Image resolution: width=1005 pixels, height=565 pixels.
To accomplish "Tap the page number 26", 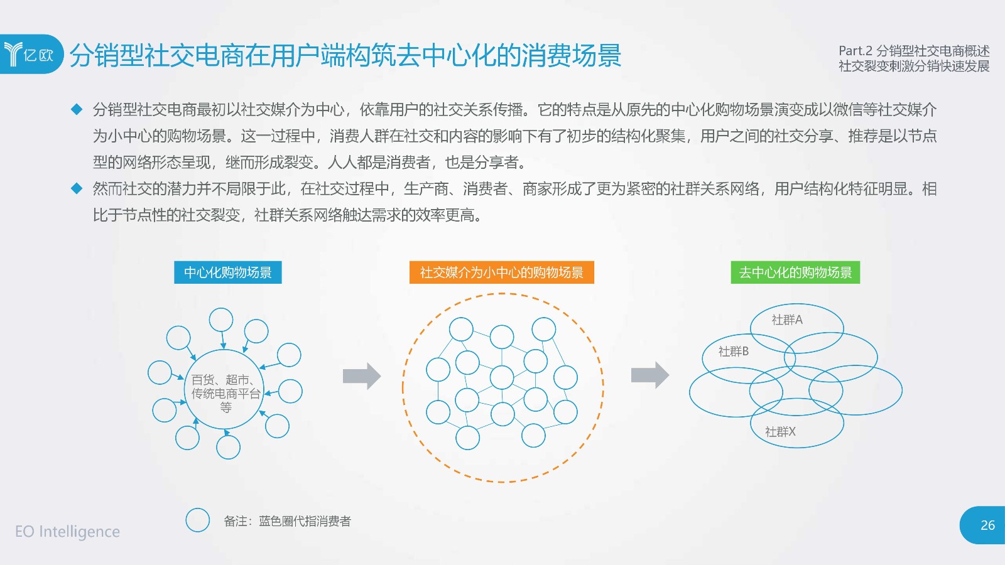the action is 987,525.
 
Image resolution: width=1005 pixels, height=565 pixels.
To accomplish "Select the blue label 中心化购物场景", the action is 228,272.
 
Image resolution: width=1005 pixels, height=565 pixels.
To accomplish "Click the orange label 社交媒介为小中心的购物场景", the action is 502,272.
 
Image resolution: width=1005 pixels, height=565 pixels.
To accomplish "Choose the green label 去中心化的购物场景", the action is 795,272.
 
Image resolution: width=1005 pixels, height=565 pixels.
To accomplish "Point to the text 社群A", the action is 787,320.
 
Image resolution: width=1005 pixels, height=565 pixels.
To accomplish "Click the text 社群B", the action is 734,351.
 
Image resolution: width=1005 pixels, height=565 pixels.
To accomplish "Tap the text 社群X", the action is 780,431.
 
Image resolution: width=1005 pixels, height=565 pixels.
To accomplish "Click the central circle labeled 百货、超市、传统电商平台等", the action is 224,350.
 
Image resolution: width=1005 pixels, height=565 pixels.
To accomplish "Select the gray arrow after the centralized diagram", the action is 362,376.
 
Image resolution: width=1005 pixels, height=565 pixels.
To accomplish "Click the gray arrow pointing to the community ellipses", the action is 650,375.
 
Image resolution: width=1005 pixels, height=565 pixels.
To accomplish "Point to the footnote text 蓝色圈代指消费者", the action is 305,521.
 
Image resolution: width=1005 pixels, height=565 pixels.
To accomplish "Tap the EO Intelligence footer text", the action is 67,531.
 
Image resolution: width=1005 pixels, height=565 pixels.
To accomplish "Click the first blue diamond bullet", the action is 77,109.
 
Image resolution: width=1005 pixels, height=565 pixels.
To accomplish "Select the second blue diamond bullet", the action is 77,188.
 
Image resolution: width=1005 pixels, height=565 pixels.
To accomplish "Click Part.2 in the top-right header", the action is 856,51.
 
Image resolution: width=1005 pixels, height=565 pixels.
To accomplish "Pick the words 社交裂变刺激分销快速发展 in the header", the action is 914,66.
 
